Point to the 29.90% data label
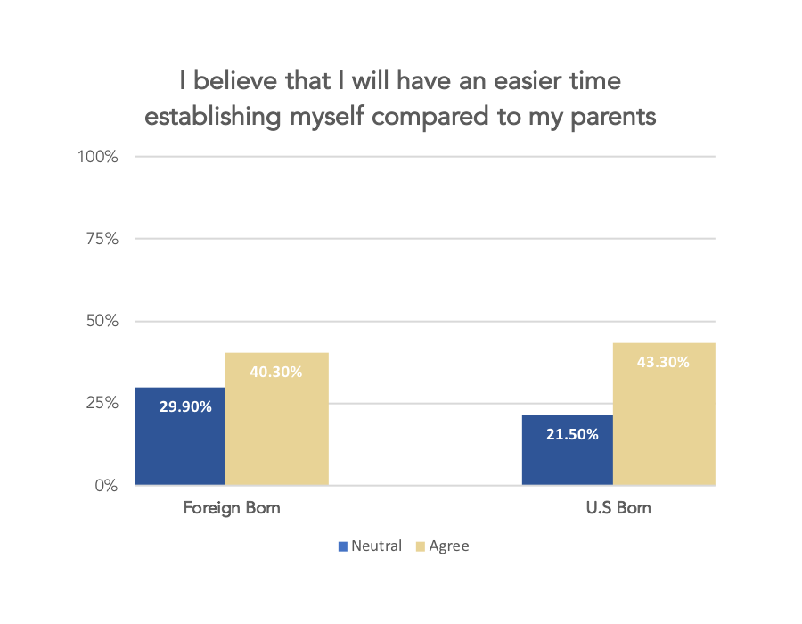pos(185,406)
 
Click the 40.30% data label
pos(276,372)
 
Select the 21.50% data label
pos(572,435)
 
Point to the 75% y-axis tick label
pos(101,239)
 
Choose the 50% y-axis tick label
pos(101,321)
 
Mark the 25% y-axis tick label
pos(101,403)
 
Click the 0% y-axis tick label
pos(105,486)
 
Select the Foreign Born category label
pos(232,509)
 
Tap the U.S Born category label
pos(618,509)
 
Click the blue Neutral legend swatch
pos(343,546)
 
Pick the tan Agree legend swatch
pos(421,546)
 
